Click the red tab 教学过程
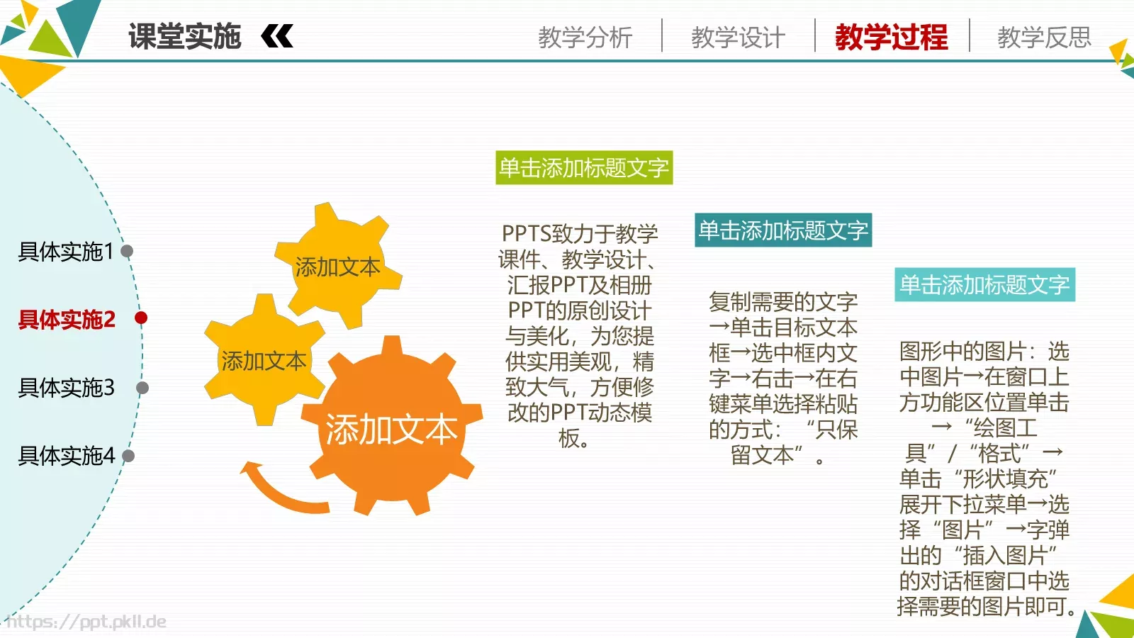click(891, 37)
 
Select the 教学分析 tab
click(585, 37)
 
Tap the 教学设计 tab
click(738, 37)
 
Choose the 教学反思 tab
click(1044, 37)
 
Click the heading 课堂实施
click(184, 36)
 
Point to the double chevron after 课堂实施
click(277, 36)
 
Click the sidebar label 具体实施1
click(65, 252)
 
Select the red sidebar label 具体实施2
click(67, 320)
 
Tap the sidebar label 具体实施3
click(66, 388)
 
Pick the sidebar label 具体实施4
click(66, 456)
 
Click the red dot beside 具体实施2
click(141, 318)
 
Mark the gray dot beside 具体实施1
click(128, 251)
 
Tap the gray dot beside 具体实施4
click(128, 456)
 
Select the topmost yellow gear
click(338, 266)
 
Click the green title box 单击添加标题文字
click(584, 168)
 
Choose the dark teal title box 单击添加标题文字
click(783, 230)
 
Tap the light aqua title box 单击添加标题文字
click(984, 285)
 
